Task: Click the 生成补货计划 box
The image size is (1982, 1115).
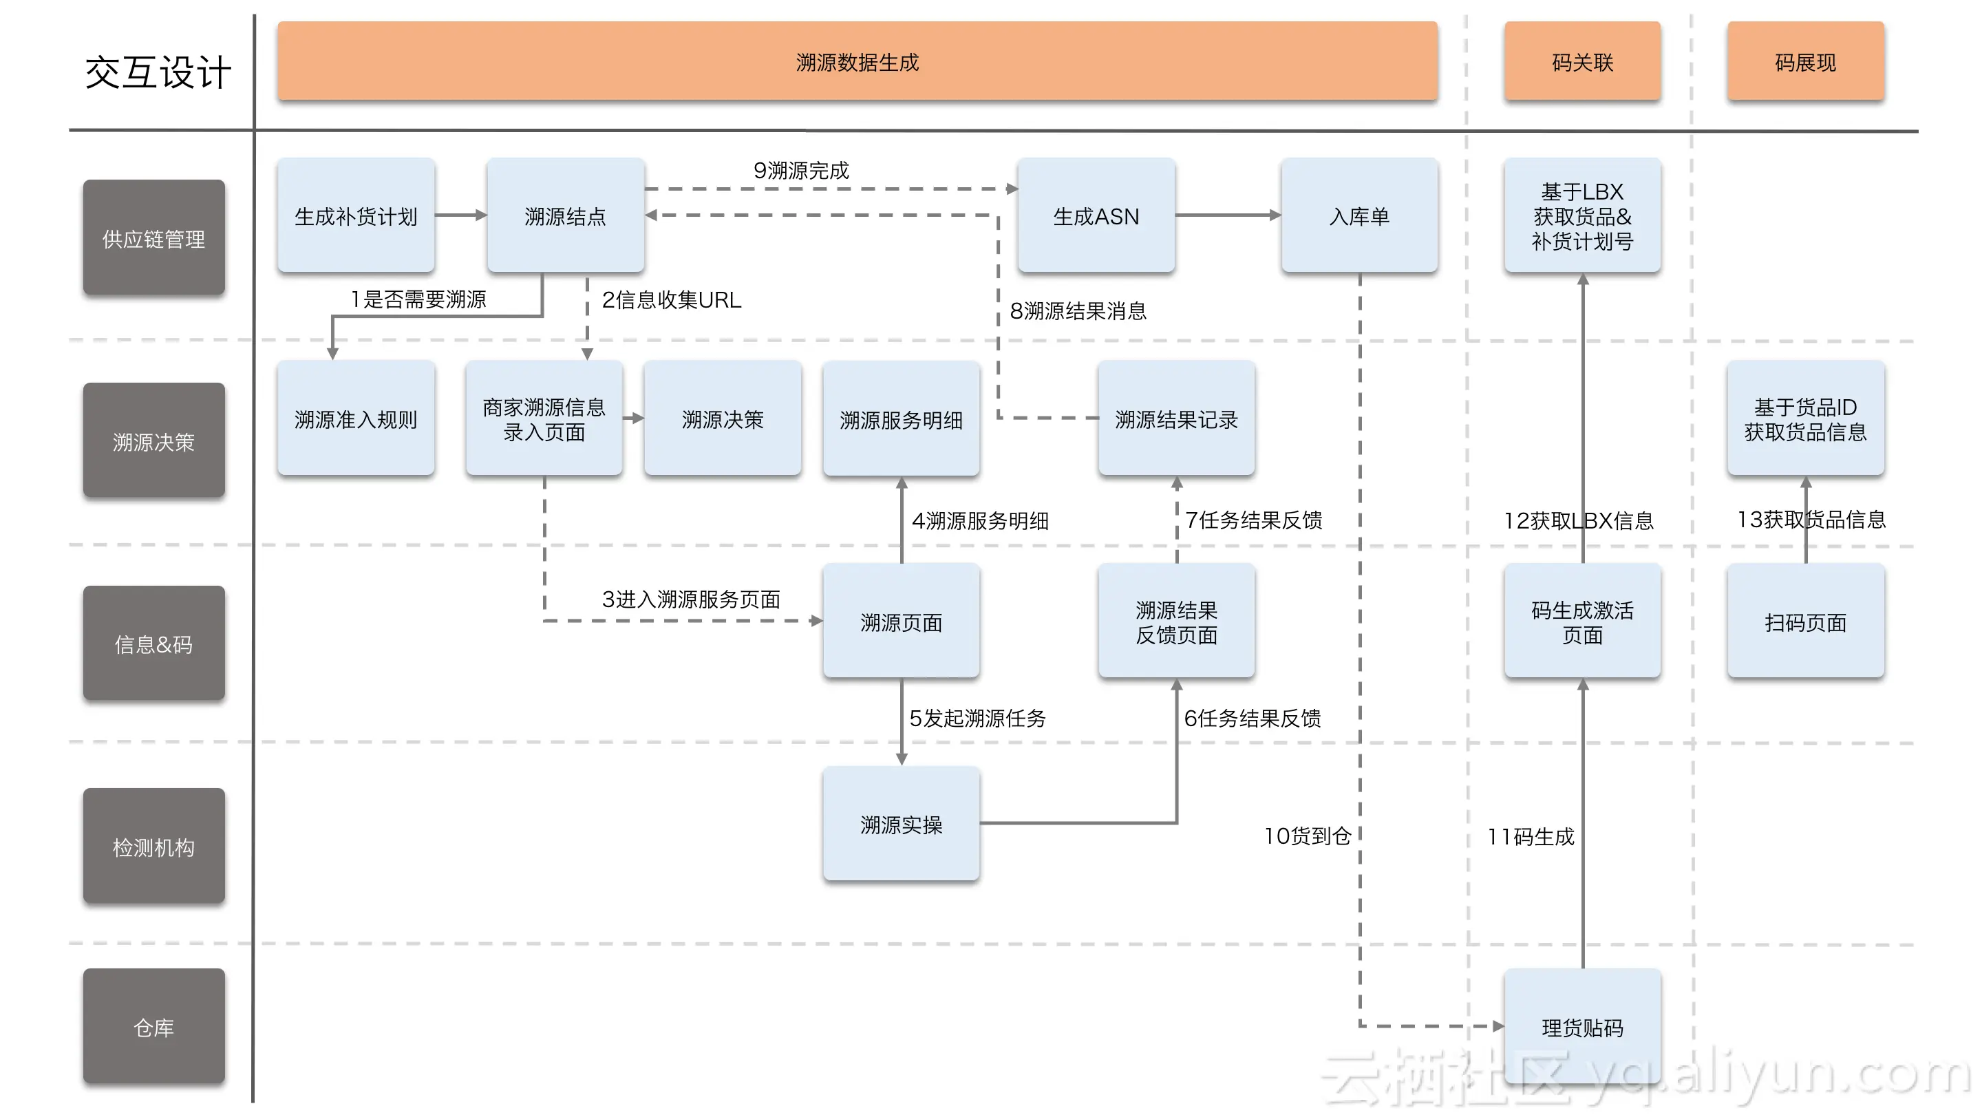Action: click(x=356, y=215)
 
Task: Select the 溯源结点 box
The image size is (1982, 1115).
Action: click(x=566, y=215)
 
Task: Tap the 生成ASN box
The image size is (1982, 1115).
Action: click(x=1096, y=215)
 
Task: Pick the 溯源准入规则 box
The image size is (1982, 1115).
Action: click(x=356, y=418)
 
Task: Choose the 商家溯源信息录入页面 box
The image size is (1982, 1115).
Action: click(x=544, y=418)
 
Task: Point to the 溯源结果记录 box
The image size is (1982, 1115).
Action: click(x=1176, y=418)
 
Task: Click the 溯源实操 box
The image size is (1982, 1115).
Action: click(x=901, y=824)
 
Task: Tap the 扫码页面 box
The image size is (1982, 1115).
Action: click(x=1805, y=622)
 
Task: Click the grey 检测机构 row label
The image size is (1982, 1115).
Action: click(x=154, y=847)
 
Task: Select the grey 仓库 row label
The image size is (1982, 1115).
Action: click(x=154, y=1026)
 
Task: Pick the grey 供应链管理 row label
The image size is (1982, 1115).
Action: click(x=154, y=239)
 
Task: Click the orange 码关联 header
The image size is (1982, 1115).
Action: click(x=1582, y=61)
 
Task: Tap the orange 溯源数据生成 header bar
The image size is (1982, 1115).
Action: click(x=857, y=61)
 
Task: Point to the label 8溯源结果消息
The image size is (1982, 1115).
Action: click(x=1078, y=311)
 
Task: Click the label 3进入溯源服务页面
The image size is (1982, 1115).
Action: click(x=691, y=599)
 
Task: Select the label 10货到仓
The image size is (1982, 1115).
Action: click(x=1308, y=836)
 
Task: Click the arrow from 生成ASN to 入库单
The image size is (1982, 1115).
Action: click(x=1227, y=215)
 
